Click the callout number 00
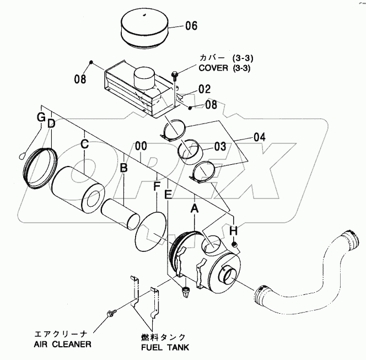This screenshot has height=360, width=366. (x=141, y=146)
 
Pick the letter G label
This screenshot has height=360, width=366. (x=41, y=118)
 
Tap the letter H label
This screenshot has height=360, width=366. (x=234, y=231)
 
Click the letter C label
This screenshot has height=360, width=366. (x=84, y=144)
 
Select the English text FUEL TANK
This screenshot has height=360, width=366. (x=165, y=347)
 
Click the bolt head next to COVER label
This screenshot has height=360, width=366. (x=175, y=74)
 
